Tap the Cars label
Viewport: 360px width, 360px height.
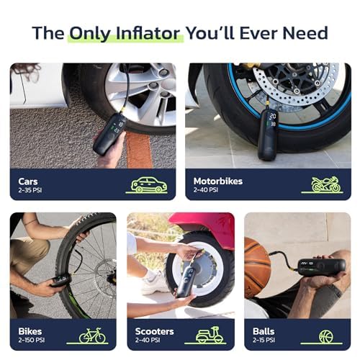click(29, 181)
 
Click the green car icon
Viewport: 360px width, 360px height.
click(147, 184)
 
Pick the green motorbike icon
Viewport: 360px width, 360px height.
click(325, 184)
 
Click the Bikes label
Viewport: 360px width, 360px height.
click(30, 331)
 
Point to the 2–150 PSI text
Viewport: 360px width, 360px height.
click(33, 341)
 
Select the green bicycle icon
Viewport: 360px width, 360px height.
click(91, 336)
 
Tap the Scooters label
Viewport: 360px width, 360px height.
click(153, 331)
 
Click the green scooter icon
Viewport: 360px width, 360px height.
click(210, 336)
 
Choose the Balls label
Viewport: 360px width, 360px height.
click(264, 331)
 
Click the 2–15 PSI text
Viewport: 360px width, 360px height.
click(266, 341)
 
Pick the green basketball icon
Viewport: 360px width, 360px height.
click(328, 336)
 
